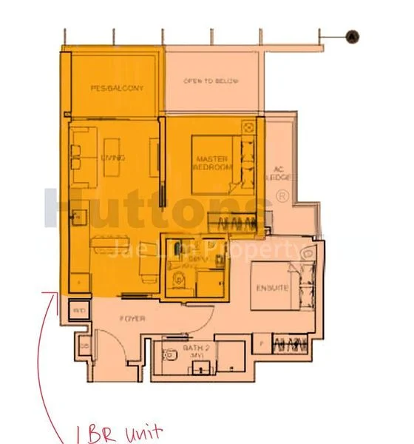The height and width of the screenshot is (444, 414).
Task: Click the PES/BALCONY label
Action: [117, 88]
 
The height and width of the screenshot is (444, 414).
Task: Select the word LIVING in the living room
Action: [114, 158]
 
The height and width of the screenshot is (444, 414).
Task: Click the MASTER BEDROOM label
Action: [214, 164]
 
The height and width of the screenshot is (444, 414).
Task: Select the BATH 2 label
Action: [195, 347]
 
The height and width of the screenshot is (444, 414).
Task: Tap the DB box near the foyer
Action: [85, 346]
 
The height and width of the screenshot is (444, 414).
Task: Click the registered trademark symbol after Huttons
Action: [282, 196]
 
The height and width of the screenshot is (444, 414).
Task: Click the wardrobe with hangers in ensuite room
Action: [291, 343]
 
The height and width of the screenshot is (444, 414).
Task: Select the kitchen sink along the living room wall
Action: [77, 218]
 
